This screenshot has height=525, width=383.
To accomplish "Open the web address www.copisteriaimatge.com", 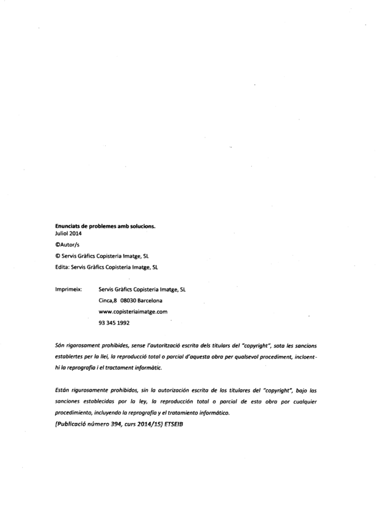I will (x=133, y=311).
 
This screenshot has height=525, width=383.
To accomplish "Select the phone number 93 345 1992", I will (x=114, y=323).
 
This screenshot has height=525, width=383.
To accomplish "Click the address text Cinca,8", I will (x=109, y=300).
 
